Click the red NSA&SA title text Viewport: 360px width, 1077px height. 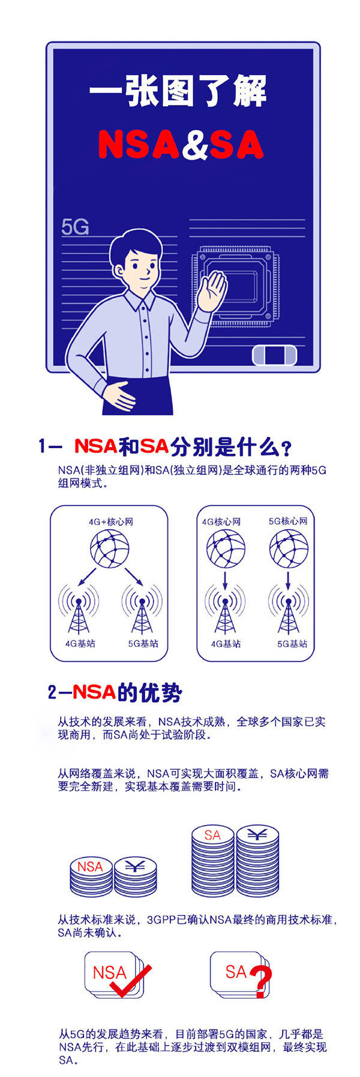click(x=181, y=145)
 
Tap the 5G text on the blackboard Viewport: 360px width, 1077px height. click(x=75, y=227)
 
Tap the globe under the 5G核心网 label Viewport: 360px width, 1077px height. click(x=289, y=549)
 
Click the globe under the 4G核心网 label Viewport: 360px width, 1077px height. click(x=226, y=549)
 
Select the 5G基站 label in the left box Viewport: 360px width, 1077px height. click(x=143, y=643)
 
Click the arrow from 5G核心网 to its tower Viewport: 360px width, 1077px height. click(x=289, y=580)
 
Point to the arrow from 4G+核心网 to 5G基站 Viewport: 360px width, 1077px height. click(x=133, y=576)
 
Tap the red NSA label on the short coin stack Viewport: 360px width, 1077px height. click(x=90, y=866)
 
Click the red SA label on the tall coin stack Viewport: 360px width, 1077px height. click(x=212, y=835)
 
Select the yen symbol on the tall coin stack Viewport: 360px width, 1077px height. click(x=257, y=835)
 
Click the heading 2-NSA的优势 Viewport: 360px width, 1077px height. click(x=115, y=692)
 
